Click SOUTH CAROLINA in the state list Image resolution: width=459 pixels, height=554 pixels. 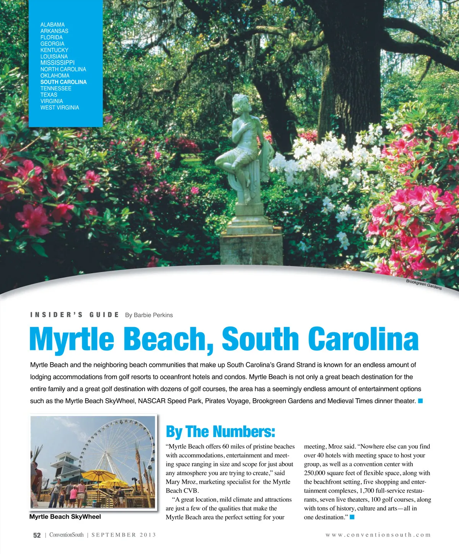point(63,82)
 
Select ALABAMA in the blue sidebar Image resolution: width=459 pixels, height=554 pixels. point(52,24)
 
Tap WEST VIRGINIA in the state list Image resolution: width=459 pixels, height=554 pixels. point(60,108)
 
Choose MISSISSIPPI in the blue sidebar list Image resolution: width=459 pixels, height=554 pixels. point(57,63)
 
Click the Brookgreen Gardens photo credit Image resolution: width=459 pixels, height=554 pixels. point(424,285)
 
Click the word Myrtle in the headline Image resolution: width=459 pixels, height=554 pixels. point(72,339)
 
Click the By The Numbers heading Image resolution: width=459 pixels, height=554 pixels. point(220,432)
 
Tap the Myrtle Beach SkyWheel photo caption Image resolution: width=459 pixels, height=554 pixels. point(65,517)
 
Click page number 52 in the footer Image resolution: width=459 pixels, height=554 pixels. point(37,535)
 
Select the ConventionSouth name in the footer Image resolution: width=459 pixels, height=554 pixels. point(67,535)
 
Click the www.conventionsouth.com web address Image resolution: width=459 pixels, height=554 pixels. point(378,535)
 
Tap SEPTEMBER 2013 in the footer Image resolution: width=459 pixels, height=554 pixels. point(124,535)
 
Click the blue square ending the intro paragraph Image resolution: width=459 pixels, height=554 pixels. point(420,401)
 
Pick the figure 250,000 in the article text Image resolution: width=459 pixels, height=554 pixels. point(314,473)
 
